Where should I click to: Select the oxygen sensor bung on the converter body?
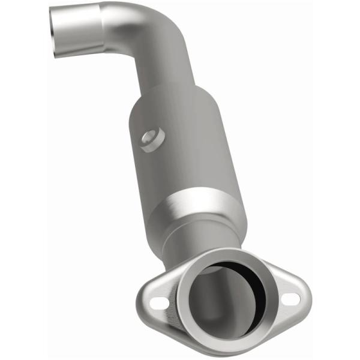click(151, 140)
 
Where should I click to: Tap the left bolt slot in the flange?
click(157, 302)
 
